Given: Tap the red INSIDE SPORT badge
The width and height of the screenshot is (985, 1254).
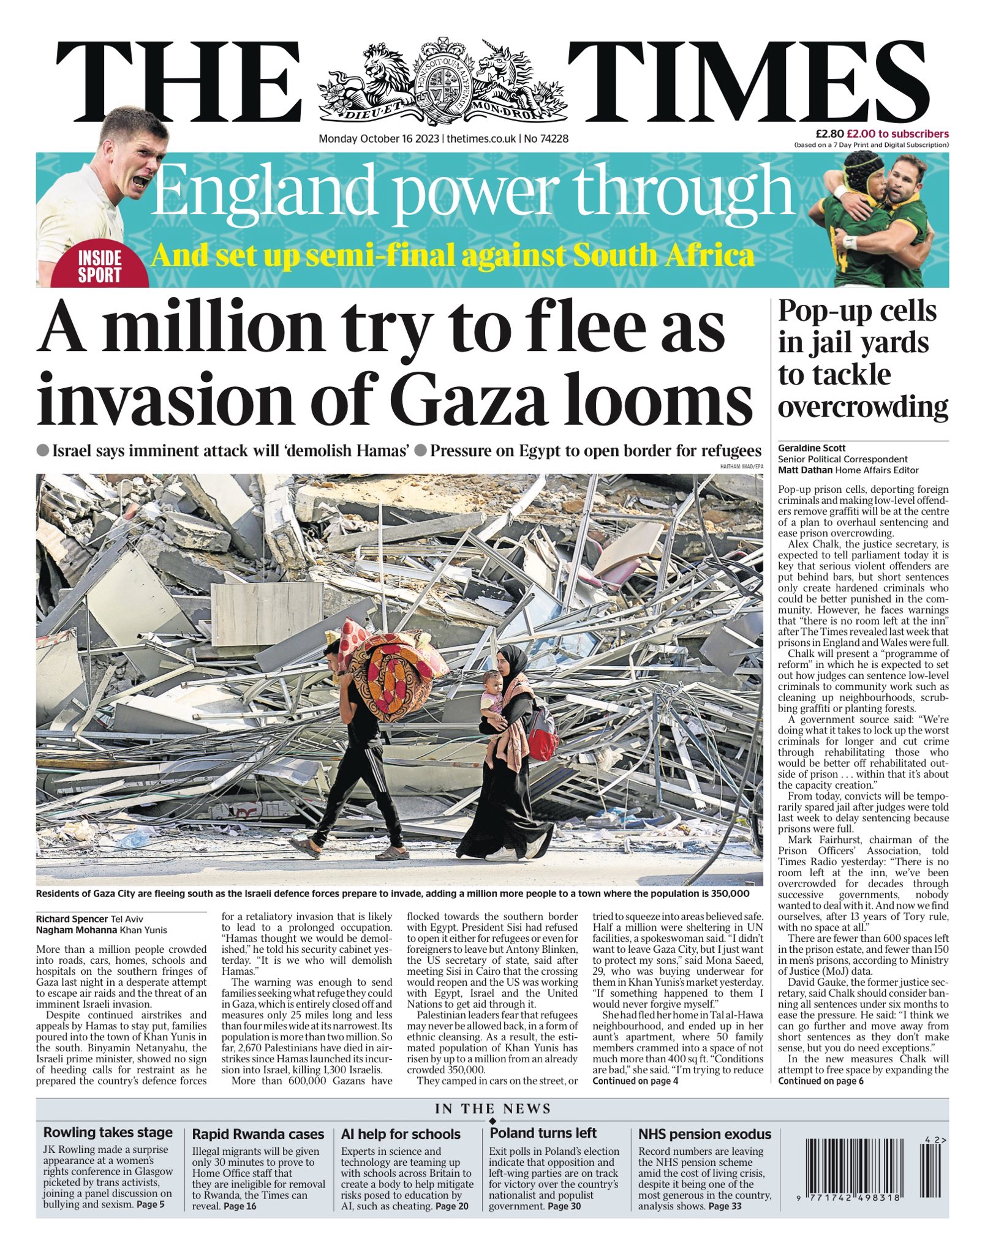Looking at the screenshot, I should (x=100, y=266).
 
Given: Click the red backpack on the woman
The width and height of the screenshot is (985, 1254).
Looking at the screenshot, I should (x=543, y=733).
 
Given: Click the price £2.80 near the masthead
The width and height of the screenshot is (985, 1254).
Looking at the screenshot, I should (x=829, y=133).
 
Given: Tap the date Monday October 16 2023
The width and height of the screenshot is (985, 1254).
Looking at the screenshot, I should (x=379, y=139).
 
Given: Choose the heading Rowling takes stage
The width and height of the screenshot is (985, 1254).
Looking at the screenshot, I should (x=108, y=1132).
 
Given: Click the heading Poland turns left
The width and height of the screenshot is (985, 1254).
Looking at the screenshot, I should (x=543, y=1133).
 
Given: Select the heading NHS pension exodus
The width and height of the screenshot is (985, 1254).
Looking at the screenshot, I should (x=704, y=1133).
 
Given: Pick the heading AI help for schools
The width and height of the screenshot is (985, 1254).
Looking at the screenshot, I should (x=401, y=1133).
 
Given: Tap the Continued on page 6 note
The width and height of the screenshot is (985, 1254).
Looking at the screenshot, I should (x=821, y=1081).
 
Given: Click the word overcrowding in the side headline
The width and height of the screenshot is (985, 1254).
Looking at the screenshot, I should (x=863, y=407).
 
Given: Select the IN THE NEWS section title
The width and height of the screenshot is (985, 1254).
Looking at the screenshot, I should (x=492, y=1109).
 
